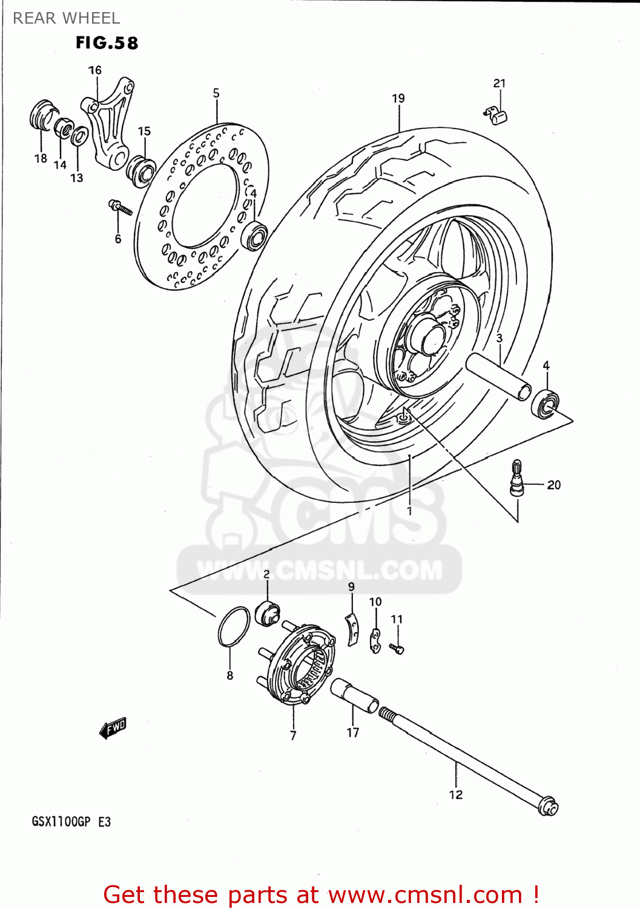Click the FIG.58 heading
(107, 43)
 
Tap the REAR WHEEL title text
(66, 18)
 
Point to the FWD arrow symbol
(113, 728)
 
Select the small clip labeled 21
(496, 115)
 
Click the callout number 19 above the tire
(398, 98)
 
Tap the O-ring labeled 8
(234, 627)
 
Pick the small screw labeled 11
(397, 649)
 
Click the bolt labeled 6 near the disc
(120, 207)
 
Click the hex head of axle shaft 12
(549, 807)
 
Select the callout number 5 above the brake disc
(216, 93)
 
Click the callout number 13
(76, 178)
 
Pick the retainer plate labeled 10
(375, 641)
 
